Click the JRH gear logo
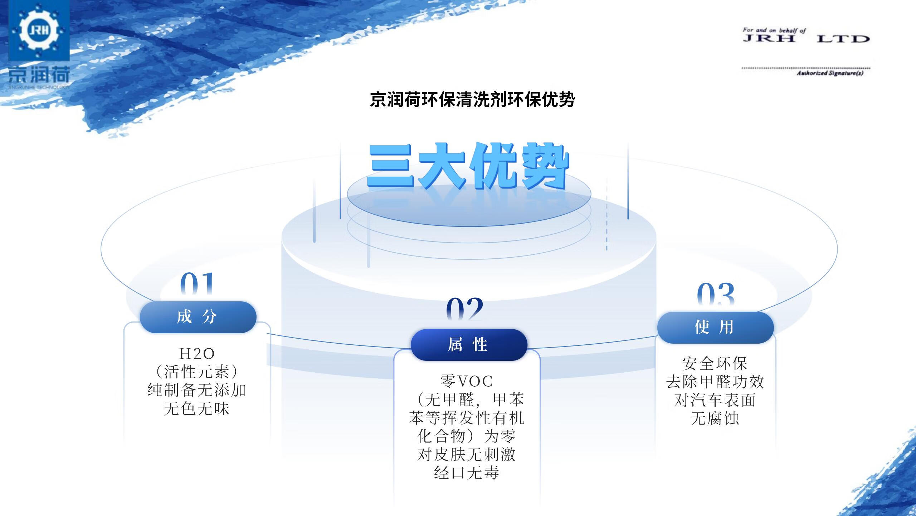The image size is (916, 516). click(39, 30)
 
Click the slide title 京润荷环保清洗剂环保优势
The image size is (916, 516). click(472, 99)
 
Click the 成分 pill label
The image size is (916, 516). click(198, 317)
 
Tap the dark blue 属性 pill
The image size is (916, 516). click(469, 345)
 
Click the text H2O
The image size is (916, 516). click(196, 354)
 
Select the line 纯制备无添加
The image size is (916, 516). click(197, 390)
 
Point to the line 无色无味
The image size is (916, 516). click(197, 409)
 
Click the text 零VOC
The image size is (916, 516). click(466, 381)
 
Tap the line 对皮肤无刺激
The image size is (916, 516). click(466, 455)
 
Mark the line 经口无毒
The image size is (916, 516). click(466, 473)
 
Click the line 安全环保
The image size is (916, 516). click(715, 364)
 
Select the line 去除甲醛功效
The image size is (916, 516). click(715, 382)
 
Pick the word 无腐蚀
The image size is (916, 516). click(715, 419)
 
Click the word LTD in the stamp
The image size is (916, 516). click(843, 39)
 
